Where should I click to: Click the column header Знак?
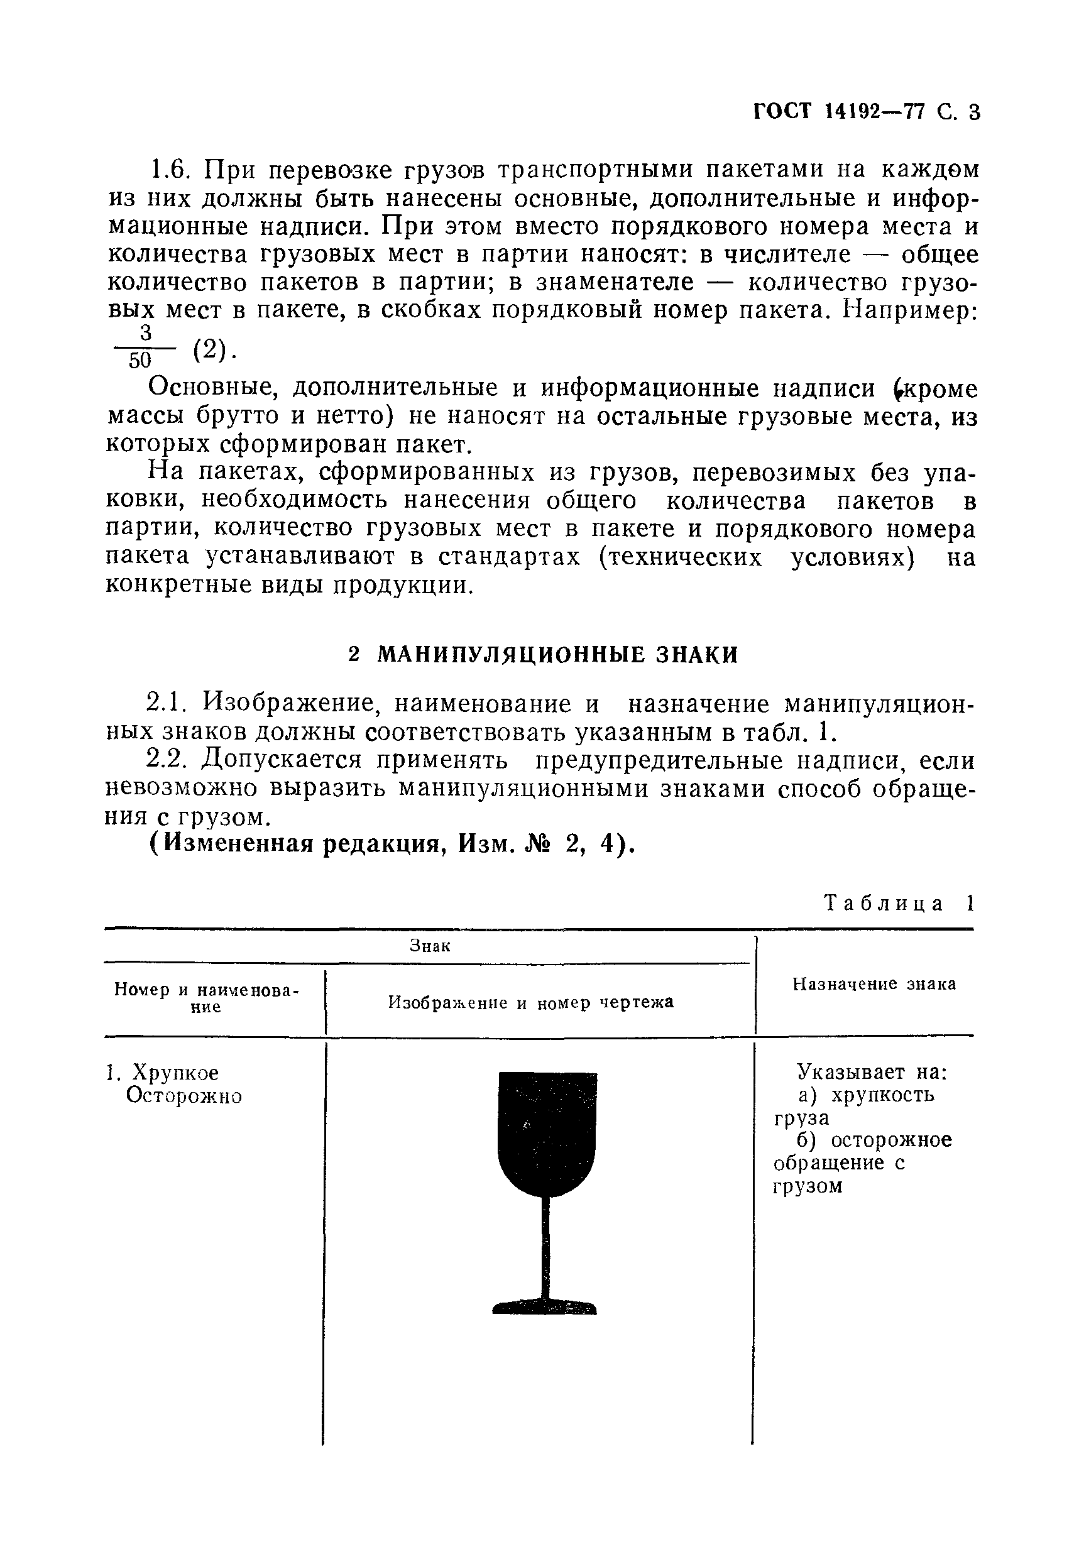coord(430,946)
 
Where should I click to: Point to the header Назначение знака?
coord(874,984)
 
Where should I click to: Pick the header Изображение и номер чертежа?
coord(531,1002)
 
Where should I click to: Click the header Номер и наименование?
coord(206,998)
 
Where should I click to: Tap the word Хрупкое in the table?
coord(175,1073)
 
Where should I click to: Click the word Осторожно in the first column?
coord(184,1096)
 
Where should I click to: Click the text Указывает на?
coord(872,1072)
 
